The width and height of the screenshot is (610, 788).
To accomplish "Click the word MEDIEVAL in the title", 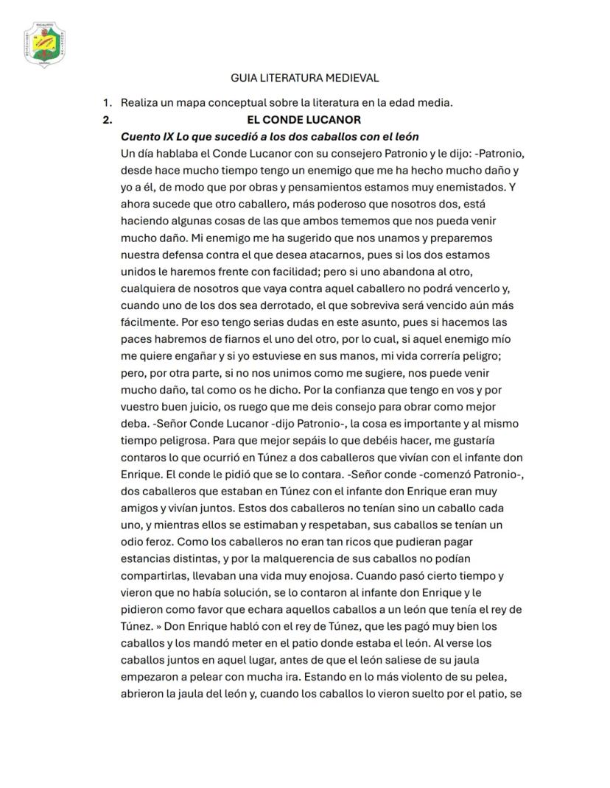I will click(353, 77).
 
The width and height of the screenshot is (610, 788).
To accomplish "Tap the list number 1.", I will click(107, 102).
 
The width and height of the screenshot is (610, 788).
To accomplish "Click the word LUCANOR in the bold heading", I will click(336, 119).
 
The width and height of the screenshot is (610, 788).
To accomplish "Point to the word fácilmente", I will click(148, 322).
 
